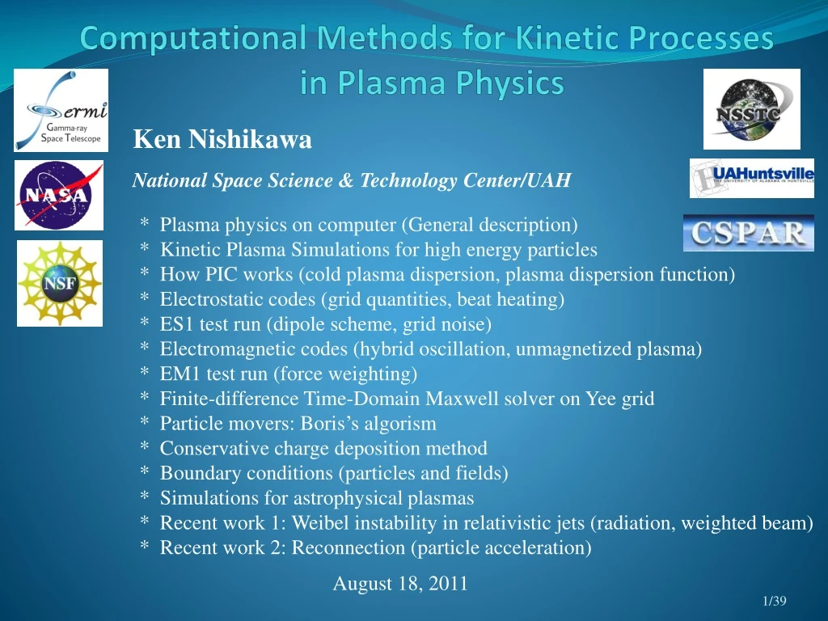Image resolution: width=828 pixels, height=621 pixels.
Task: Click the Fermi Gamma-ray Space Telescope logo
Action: (x=61, y=110)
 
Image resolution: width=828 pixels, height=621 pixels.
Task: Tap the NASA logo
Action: (x=59, y=196)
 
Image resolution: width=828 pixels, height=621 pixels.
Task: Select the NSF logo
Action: (x=60, y=284)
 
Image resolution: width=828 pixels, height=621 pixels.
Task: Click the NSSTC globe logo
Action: (x=751, y=109)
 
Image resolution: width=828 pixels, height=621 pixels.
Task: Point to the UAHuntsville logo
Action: (x=752, y=179)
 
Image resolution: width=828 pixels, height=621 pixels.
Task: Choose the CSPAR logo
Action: (x=749, y=233)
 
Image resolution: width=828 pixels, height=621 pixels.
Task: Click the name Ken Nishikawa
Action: (x=222, y=139)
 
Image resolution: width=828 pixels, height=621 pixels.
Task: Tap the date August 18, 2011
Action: (x=400, y=584)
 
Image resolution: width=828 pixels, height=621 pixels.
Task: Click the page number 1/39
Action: (x=775, y=601)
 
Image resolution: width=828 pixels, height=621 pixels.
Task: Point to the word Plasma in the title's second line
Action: (x=393, y=83)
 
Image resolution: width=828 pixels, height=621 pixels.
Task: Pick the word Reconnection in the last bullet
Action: (x=349, y=547)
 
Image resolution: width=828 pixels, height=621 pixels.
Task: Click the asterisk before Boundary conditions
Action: (x=144, y=470)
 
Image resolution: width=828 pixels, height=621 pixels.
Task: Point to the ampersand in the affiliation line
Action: (x=345, y=180)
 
